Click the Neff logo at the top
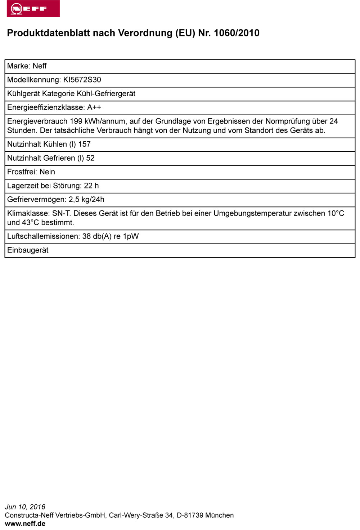pyautogui.click(x=33, y=8)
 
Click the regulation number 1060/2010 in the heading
pyautogui.click(x=237, y=33)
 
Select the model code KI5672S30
pyautogui.click(x=82, y=80)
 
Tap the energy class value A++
pyautogui.click(x=94, y=107)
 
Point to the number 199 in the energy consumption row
pyautogui.click(x=76, y=121)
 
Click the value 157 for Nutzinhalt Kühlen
pyautogui.click(x=84, y=144)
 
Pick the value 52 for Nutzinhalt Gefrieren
pyautogui.click(x=90, y=158)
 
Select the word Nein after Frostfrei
pyautogui.click(x=47, y=172)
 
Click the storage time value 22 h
pyautogui.click(x=91, y=186)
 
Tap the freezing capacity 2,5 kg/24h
pyautogui.click(x=86, y=200)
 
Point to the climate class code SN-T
pyautogui.click(x=61, y=213)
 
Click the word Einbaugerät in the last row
pyautogui.click(x=28, y=250)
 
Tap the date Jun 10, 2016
pyautogui.click(x=25, y=507)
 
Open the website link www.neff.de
pyautogui.click(x=25, y=524)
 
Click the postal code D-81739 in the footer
pyautogui.click(x=190, y=515)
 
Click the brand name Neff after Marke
pyautogui.click(x=40, y=66)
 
